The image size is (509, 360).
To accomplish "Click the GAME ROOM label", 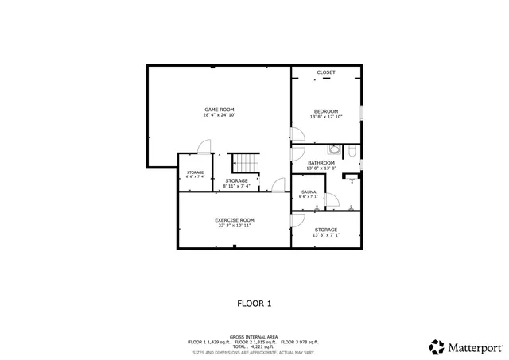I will point(219,109).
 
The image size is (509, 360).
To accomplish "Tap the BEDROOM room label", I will point(326,110).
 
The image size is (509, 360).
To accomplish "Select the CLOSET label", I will point(326,72).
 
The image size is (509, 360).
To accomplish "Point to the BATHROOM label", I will point(321,163).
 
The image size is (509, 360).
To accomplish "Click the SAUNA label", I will point(308,192).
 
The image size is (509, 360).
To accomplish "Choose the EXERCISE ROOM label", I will point(235,219).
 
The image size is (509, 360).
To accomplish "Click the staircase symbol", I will point(246,163).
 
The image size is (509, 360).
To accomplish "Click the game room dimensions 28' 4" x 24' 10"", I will point(219,115).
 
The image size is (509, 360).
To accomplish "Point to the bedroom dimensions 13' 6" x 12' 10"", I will point(326,117).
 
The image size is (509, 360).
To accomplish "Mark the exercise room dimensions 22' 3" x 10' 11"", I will point(235,226).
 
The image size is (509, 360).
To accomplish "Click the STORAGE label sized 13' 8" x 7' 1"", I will point(325,230).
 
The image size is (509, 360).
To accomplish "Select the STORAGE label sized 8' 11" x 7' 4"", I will point(236,181).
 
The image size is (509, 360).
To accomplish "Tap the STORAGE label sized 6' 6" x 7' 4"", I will point(195,172).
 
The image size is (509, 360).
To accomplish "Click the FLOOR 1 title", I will point(254,303).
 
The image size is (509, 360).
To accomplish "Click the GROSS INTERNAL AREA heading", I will point(254,336).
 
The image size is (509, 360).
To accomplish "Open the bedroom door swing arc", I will point(298,137).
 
